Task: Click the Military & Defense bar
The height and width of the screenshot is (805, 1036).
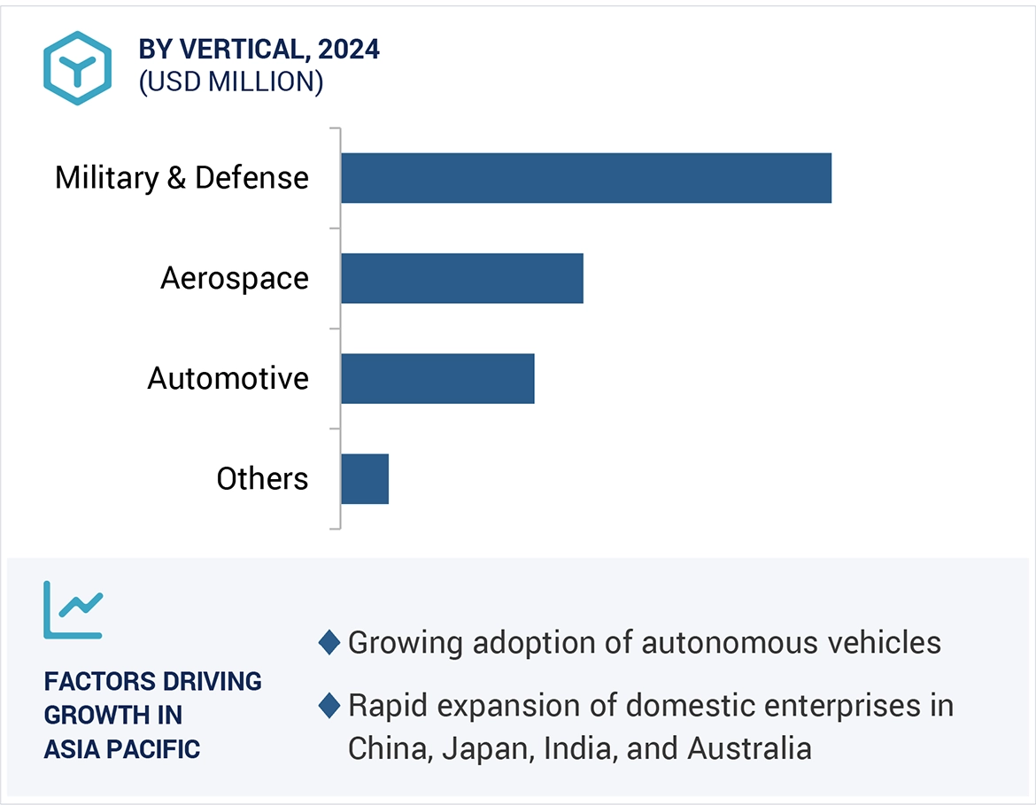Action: (585, 178)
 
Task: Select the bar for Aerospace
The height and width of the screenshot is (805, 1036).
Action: (461, 278)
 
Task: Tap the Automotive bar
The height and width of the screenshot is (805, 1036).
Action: (437, 379)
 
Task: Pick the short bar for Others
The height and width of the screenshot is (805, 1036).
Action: (364, 479)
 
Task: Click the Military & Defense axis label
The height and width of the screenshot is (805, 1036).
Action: (182, 178)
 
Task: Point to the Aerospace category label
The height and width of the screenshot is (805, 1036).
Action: (235, 278)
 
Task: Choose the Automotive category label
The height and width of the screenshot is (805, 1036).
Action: (228, 379)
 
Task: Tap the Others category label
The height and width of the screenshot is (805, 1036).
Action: (262, 479)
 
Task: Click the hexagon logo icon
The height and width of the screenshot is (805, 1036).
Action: (78, 68)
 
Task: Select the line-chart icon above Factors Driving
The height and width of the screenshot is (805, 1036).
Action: (73, 610)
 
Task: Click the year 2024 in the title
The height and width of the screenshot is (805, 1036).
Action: (349, 50)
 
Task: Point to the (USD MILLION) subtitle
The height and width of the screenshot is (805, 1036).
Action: (231, 82)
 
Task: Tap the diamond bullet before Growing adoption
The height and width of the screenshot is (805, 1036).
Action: (329, 643)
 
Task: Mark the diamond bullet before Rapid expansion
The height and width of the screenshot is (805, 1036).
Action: (329, 706)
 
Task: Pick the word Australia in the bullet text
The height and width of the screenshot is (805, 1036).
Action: (749, 748)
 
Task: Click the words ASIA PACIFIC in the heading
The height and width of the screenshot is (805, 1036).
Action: (122, 748)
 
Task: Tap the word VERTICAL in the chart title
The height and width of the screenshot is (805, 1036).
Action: (235, 50)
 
